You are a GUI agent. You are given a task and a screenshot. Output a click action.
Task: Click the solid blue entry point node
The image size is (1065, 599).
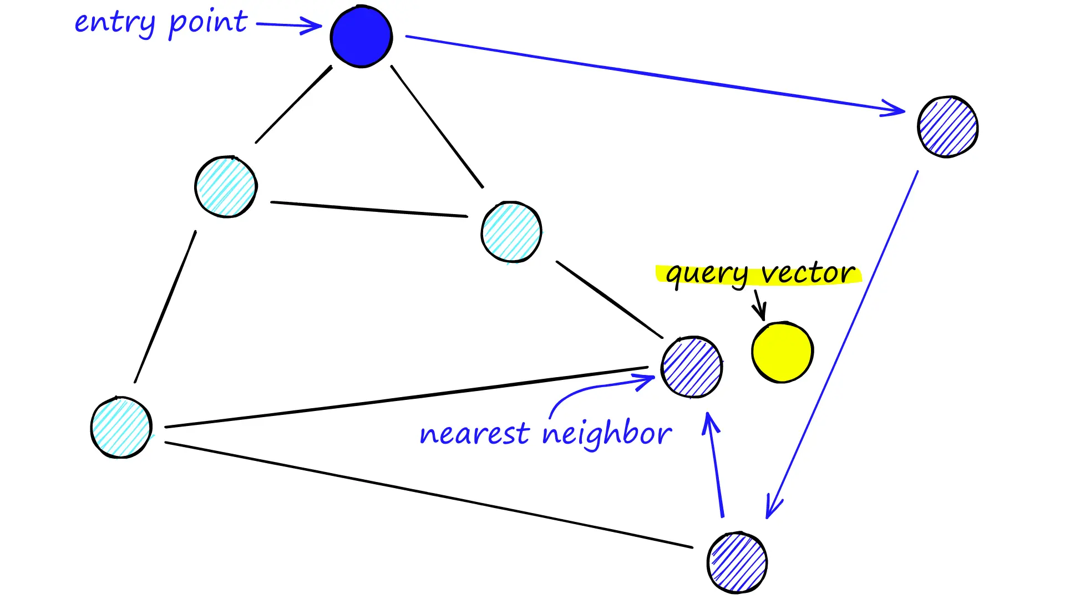point(361,37)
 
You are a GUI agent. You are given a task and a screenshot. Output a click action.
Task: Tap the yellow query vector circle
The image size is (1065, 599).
point(782,352)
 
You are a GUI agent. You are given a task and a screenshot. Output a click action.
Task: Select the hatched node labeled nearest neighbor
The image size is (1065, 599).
point(692,367)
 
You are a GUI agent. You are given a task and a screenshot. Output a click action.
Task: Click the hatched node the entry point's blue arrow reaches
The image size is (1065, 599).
point(947,127)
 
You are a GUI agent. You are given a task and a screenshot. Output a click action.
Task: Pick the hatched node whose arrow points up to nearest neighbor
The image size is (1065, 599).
point(737,562)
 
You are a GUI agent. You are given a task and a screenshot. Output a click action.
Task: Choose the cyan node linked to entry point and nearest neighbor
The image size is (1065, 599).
point(511,232)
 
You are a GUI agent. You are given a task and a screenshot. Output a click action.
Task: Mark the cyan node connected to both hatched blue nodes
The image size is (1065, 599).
point(121,427)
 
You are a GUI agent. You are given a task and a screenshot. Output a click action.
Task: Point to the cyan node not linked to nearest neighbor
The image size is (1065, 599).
point(226,186)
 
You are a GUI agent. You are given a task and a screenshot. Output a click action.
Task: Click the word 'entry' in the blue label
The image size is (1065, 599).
point(115,23)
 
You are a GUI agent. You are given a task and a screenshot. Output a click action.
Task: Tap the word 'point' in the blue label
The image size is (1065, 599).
point(207,23)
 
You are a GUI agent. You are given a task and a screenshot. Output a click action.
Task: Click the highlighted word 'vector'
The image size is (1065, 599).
point(808,273)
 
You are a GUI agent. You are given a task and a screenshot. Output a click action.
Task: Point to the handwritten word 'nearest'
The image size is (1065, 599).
point(474,434)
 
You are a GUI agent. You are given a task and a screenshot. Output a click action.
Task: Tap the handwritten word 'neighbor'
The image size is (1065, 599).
point(607,434)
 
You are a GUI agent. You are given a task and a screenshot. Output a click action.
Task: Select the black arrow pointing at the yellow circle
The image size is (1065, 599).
point(759,304)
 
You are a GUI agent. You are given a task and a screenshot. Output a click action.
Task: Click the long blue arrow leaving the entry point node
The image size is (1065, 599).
point(655,73)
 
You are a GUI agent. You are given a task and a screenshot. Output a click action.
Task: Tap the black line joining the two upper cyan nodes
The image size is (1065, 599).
point(369,209)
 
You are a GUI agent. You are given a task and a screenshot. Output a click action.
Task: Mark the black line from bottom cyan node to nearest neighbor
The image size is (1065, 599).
point(407,397)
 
